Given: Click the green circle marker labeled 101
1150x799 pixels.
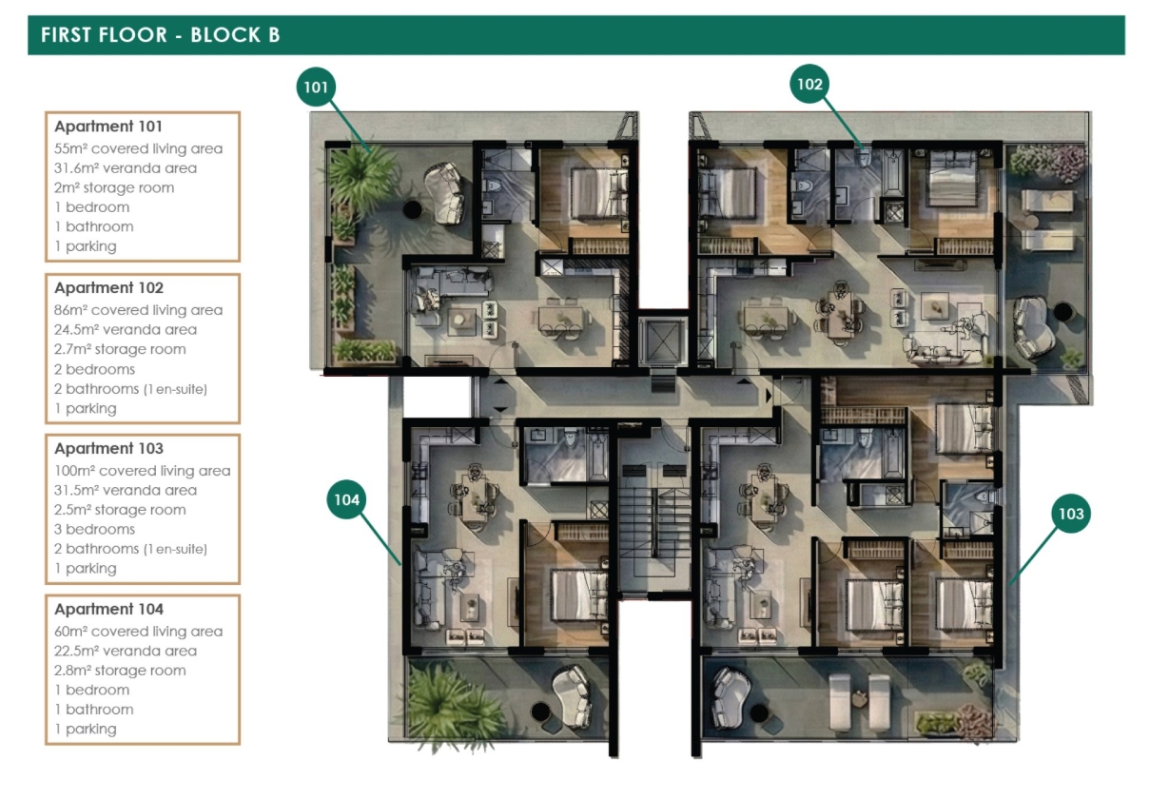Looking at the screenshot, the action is tap(316, 87).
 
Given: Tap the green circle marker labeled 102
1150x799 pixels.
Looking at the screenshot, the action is tap(809, 84).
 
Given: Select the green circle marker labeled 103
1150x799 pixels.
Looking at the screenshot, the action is tap(1071, 513).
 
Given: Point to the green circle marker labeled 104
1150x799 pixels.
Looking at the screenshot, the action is tap(346, 499).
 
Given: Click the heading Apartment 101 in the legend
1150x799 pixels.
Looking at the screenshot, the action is tap(108, 127).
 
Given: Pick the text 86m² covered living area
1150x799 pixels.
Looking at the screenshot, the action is tap(138, 310).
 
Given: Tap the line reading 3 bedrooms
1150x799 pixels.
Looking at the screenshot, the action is tap(94, 529).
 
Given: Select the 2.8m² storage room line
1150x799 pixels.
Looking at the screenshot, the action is tap(120, 670).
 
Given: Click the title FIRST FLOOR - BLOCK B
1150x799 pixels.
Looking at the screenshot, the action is tap(160, 35).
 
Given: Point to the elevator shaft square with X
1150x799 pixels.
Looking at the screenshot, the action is tap(663, 340).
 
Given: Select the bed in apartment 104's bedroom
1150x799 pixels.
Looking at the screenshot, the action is tap(579, 594).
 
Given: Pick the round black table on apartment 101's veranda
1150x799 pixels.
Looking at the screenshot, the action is tap(412, 209).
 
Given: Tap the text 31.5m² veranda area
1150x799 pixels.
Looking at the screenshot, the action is tap(126, 490).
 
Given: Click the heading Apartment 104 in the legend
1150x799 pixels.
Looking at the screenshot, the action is tap(108, 609).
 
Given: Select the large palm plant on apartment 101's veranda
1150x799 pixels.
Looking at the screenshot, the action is tap(362, 177).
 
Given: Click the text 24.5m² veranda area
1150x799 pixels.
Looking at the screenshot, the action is tap(126, 330).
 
